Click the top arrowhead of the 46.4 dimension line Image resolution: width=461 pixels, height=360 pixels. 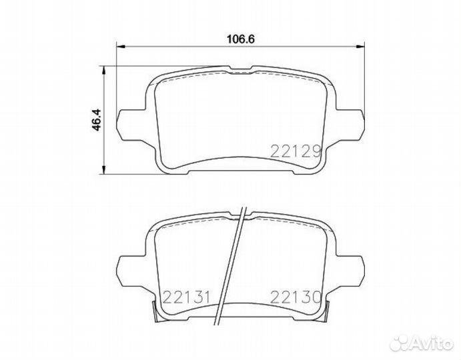pos(103,69)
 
